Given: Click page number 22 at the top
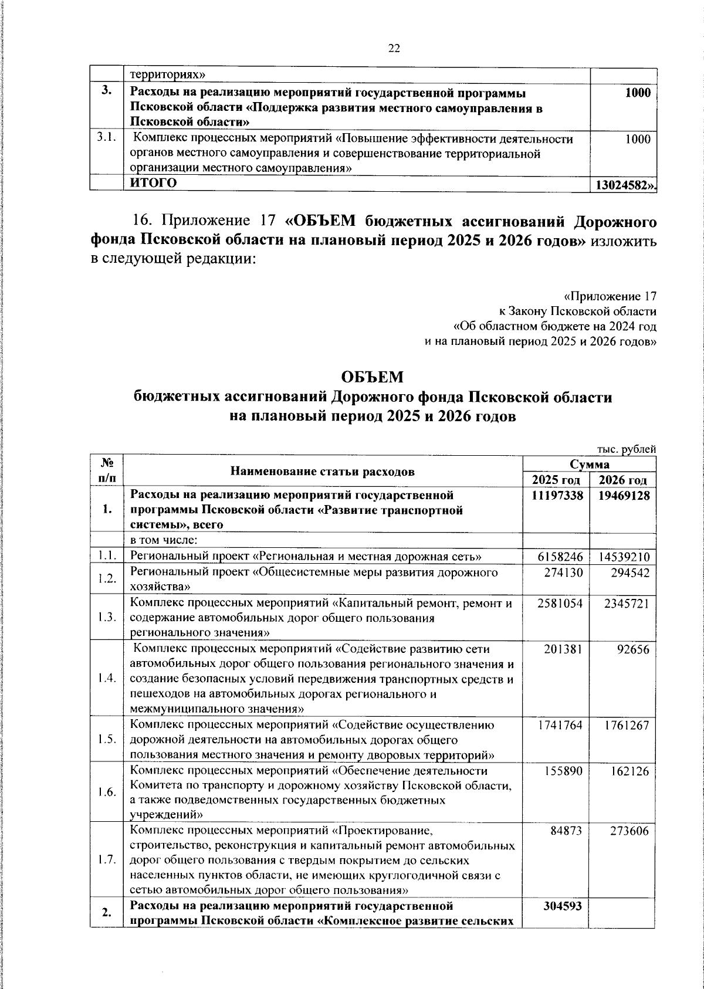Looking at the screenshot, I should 394,49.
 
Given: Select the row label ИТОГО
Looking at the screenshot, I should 153,182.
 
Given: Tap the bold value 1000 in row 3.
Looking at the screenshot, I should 638,93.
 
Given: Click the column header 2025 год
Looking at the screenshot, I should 556,480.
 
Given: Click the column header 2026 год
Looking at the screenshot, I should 622,480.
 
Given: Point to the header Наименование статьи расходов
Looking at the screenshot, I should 323,472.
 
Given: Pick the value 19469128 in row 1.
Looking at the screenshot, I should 623,496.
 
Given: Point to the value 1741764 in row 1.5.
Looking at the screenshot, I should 560,725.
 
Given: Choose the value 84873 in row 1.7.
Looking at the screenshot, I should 566,830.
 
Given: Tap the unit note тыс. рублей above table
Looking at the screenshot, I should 626,449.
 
